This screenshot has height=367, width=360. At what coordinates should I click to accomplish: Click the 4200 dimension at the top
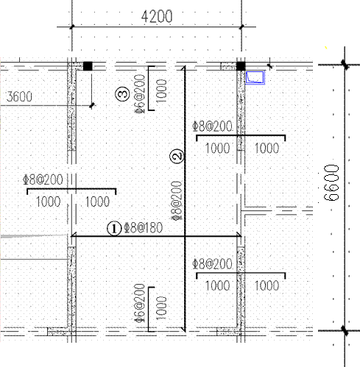[157, 17]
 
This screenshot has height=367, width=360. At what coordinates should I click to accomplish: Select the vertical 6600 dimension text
[331, 182]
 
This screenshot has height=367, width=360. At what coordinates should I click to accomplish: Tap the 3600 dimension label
[19, 96]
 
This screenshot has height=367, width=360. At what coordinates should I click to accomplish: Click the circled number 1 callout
[114, 229]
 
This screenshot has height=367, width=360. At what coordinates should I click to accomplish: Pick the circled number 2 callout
[177, 156]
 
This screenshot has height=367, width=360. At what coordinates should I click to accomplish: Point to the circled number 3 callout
[122, 93]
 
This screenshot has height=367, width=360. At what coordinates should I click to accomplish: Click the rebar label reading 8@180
[144, 228]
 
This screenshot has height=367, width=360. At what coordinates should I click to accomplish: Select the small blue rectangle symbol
[255, 77]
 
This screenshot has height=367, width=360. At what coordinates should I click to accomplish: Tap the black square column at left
[88, 66]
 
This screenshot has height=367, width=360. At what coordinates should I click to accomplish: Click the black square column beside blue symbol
[241, 66]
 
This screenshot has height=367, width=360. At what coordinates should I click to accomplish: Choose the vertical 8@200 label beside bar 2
[177, 201]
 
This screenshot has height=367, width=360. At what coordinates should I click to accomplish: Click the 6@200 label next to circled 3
[140, 94]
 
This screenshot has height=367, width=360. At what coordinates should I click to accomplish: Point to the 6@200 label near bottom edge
[140, 303]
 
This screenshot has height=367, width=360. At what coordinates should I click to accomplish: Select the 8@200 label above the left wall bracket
[43, 179]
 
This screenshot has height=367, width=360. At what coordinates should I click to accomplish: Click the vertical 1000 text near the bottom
[161, 308]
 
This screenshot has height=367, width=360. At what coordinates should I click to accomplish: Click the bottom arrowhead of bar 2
[183, 329]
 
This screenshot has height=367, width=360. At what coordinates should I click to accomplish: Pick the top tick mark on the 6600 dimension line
[345, 65]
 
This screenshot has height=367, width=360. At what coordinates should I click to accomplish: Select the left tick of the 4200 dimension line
[72, 26]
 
